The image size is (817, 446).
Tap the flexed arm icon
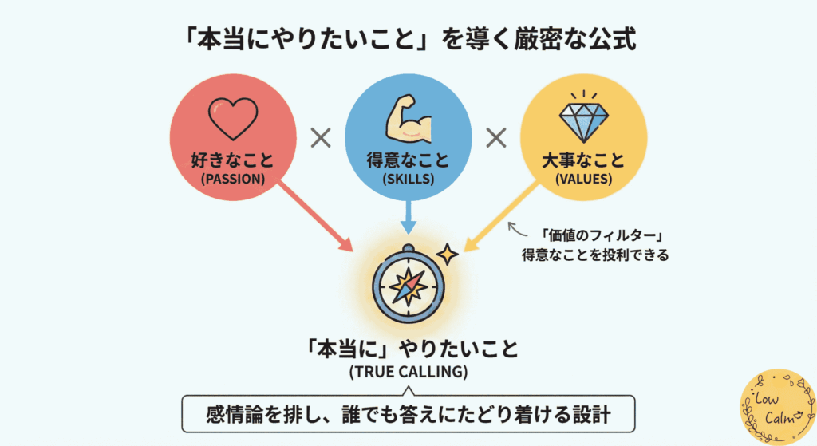coord(408,120)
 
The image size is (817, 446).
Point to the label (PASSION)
coord(233,179)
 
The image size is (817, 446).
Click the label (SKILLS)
coord(408,179)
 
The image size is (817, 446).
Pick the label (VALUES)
coord(582,179)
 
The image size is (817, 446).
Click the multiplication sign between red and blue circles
coord(320,139)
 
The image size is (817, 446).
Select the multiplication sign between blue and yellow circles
coord(496,139)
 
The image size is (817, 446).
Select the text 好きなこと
coord(233,160)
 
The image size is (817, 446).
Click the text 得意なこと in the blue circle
coord(408,160)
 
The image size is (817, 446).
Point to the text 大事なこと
coord(582,160)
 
